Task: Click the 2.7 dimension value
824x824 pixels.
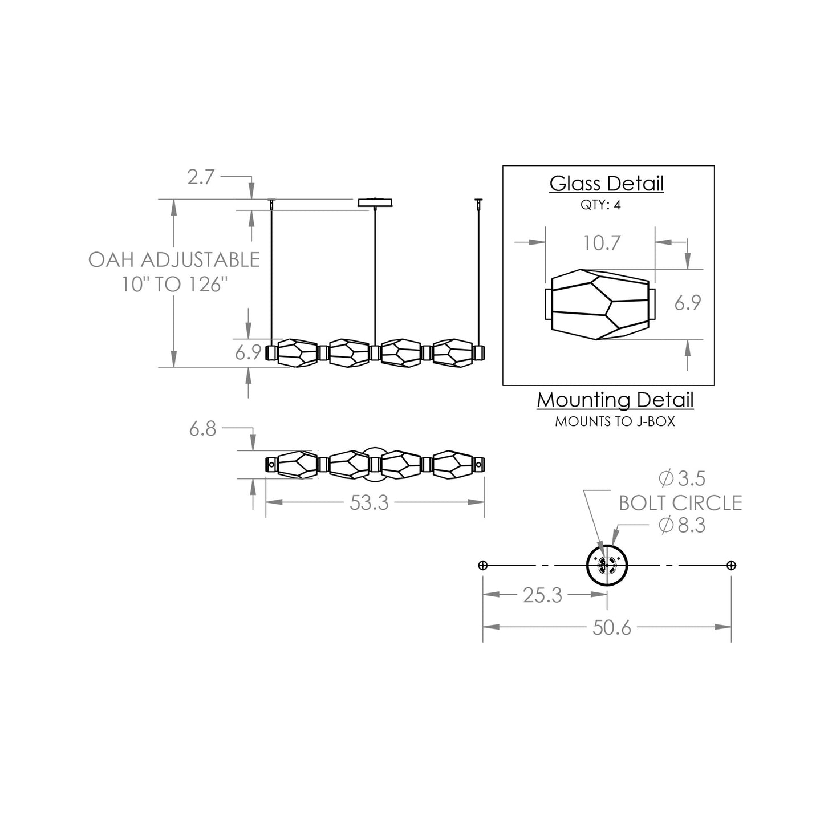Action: pyautogui.click(x=201, y=177)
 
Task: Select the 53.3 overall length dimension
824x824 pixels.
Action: pyautogui.click(x=369, y=502)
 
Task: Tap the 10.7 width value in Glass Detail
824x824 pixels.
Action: pyautogui.click(x=601, y=243)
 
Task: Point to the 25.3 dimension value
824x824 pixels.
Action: pyautogui.click(x=542, y=595)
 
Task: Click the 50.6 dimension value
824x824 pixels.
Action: pyautogui.click(x=612, y=628)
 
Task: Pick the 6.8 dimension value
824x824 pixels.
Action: pyautogui.click(x=203, y=429)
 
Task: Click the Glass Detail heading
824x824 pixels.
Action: pyautogui.click(x=607, y=184)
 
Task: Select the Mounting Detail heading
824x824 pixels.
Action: pyautogui.click(x=615, y=400)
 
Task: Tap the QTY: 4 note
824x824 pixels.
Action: pyautogui.click(x=600, y=205)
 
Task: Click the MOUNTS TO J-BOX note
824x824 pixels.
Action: pyautogui.click(x=615, y=422)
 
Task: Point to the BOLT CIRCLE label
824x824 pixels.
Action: pyautogui.click(x=680, y=503)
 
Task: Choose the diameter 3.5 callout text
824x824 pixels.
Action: pyautogui.click(x=682, y=479)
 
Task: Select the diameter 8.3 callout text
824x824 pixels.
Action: pyautogui.click(x=682, y=525)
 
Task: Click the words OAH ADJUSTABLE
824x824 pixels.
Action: pyautogui.click(x=174, y=260)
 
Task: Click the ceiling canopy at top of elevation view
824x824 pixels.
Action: pyautogui.click(x=375, y=202)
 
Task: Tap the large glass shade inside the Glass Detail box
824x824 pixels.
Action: pyautogui.click(x=600, y=305)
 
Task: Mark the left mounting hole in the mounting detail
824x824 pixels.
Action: pyautogui.click(x=483, y=566)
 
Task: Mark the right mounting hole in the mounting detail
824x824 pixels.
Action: pyautogui.click(x=732, y=566)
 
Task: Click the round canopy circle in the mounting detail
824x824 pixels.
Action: pyautogui.click(x=607, y=565)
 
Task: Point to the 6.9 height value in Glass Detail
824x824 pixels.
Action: pyautogui.click(x=687, y=303)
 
